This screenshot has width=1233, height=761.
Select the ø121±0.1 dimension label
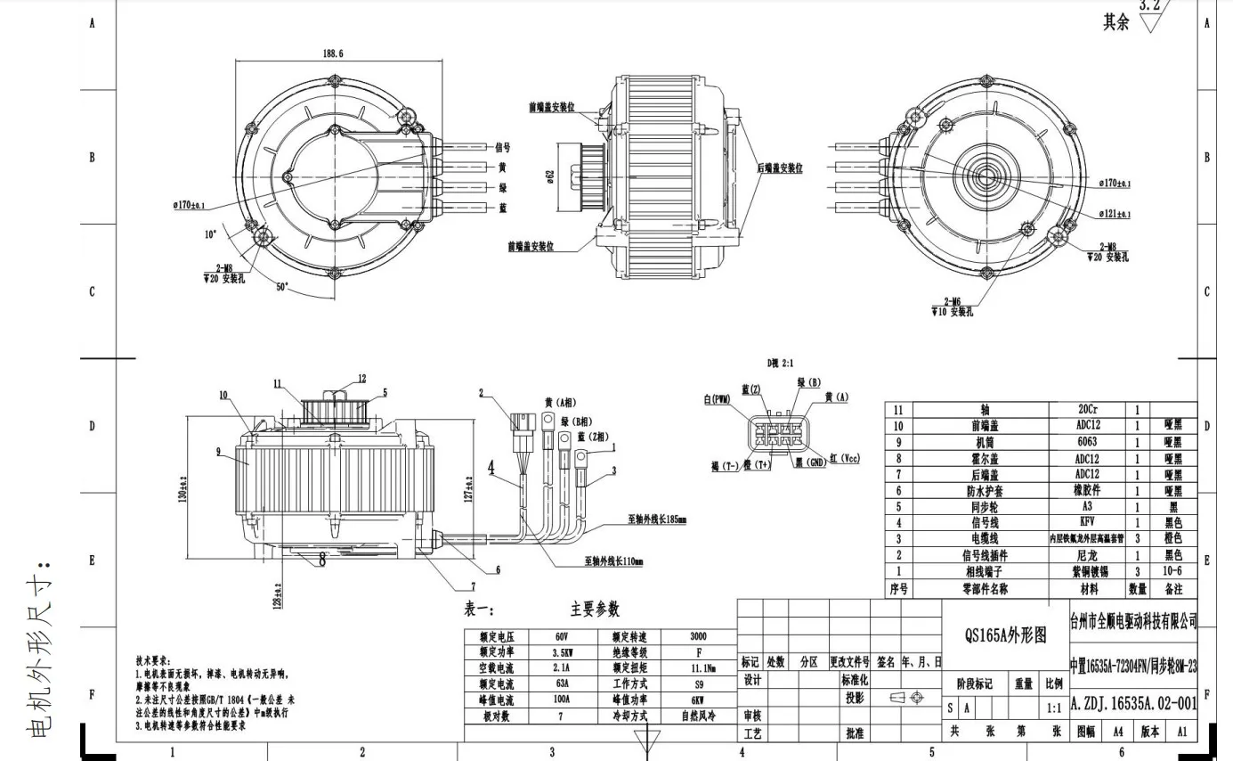1115,214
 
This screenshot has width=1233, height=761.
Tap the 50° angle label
280,288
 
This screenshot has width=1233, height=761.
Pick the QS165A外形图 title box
1005,635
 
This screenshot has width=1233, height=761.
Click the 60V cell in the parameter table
561,637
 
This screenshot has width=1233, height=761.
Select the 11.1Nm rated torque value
699,667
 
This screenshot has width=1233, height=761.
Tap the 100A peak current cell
561,700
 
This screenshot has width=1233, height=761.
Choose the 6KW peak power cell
699,700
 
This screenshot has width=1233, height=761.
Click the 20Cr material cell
1087,410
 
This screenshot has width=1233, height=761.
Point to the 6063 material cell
1087,442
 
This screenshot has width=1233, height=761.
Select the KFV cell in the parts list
1087,522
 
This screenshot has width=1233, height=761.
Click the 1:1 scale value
1054,708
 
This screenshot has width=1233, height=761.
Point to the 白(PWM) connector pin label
717,400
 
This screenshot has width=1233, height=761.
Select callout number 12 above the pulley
361,379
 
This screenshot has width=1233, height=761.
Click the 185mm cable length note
656,519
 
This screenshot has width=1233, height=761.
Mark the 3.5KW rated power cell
561,652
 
